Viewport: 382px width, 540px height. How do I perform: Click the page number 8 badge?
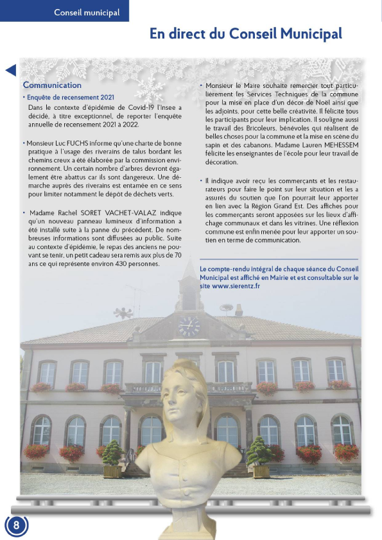17,524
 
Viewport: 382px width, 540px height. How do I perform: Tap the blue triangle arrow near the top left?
10,71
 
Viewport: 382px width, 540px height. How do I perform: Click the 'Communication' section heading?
52,85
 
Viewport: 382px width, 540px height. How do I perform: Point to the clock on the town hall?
189,326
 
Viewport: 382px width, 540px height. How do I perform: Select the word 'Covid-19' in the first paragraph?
132,107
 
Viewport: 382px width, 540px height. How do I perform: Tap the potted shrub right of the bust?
260,456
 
